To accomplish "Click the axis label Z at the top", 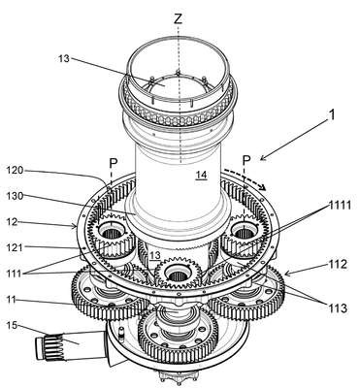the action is (x=179, y=19).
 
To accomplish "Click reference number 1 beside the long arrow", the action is (x=331, y=115).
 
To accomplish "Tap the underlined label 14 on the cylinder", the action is (x=202, y=175).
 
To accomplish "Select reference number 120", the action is (x=15, y=170).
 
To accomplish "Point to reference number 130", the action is (x=15, y=196).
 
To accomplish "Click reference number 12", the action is (x=13, y=222).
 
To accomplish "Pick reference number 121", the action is (x=14, y=247).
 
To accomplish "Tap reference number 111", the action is (x=14, y=274).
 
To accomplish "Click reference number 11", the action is (x=12, y=300).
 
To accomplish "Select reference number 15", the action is (x=12, y=325).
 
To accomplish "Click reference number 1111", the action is (x=340, y=205).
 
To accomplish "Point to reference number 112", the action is (x=339, y=265).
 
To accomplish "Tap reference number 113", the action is (x=339, y=308).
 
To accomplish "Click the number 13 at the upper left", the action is (x=64, y=59).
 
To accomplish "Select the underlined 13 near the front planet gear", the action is (x=155, y=255).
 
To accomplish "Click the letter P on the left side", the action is (x=113, y=164).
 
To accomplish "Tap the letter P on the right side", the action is (x=246, y=159).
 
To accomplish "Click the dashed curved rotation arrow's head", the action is (x=263, y=187).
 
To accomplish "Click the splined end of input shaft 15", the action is (x=49, y=348).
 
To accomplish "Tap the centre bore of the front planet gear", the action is (x=177, y=275).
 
